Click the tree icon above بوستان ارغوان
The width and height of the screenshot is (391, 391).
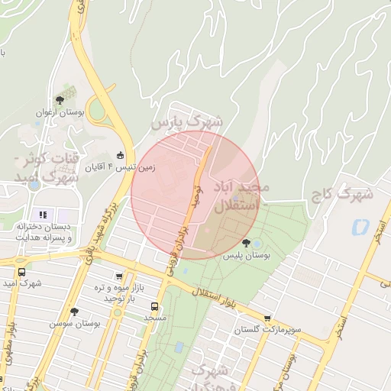pos(59,100)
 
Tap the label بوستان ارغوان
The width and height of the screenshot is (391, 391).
pos(59,113)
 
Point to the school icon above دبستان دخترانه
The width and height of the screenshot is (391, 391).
pos(43,215)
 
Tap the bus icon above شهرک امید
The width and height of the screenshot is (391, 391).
pos(21,273)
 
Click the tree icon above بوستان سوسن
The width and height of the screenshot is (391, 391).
pos(74,312)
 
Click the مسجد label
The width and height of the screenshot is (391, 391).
pos(154,316)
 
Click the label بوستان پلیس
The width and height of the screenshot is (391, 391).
pos(247,256)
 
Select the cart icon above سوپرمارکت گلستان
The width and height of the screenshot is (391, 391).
pos(267,318)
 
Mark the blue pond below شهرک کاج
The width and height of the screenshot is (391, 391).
pos(357,227)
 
